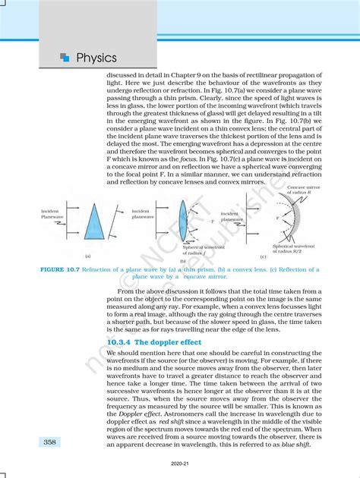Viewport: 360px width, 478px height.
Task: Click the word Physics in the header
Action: [x=96, y=58]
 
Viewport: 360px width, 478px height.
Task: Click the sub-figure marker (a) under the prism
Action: [x=88, y=258]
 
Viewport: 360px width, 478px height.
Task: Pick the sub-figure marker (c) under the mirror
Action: [x=262, y=258]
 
